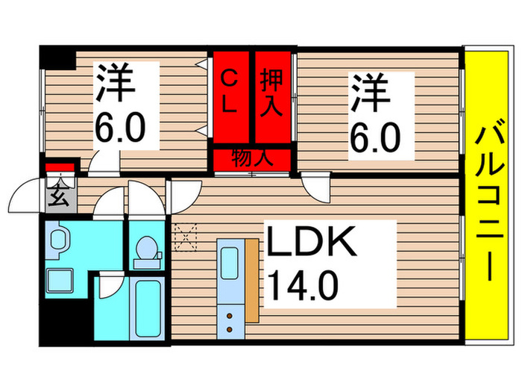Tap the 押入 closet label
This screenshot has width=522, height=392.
click(272, 92)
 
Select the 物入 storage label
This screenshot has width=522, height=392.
click(251, 158)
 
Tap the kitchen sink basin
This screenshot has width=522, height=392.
click(229, 261)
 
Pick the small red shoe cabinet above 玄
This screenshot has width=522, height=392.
click(60, 168)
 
